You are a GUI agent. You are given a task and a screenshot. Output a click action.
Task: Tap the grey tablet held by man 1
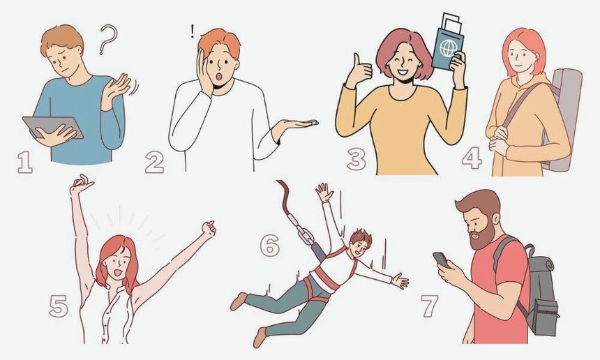(53, 128)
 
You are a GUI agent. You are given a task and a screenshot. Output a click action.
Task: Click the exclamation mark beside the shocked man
(193, 31)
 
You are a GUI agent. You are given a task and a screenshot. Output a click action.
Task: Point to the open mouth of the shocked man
(219, 77)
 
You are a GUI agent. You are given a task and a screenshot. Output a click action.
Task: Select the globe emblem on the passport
(448, 48)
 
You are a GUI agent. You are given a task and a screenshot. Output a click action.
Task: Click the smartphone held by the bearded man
(441, 260)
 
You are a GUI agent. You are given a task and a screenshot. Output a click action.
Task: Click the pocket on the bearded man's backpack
(546, 317)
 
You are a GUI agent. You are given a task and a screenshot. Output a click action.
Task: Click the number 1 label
(25, 163)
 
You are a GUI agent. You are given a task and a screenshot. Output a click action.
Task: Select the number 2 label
(155, 163)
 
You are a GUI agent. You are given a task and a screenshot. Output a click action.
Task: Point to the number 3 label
(357, 159)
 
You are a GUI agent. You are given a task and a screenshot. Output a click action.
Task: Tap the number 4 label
(472, 158)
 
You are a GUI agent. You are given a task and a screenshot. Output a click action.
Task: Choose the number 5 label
(59, 306)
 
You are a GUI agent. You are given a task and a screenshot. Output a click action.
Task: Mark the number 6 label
(270, 245)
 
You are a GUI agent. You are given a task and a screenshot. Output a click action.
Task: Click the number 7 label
(429, 306)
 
